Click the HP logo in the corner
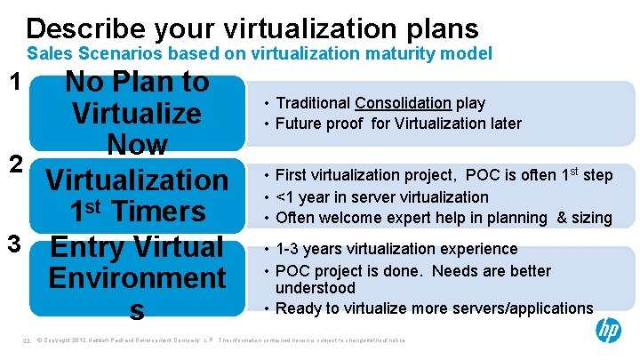point(609,331)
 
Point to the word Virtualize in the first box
point(137,114)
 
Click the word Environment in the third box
point(137,278)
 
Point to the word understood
point(315,288)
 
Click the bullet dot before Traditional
point(266,103)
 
